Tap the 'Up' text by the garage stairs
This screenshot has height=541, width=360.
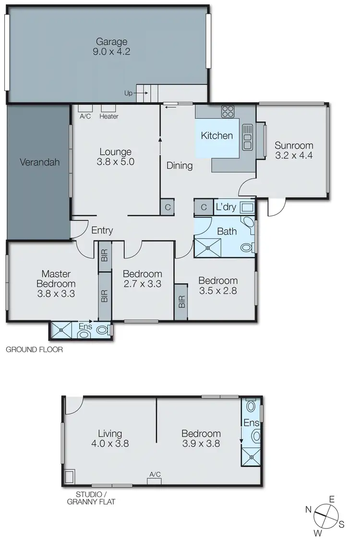pos(128,94)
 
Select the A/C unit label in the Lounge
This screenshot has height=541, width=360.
pos(85,116)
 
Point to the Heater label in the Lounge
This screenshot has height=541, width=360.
pos(109,116)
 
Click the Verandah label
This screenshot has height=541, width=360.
pos(39,162)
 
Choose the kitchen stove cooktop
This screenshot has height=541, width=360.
pos(228,112)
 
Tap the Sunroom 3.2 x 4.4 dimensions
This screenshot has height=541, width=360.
pos(294,155)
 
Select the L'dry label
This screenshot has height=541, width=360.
pos(225,208)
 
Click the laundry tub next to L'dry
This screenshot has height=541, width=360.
pos(247,208)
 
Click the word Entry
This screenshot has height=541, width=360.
pos(102,231)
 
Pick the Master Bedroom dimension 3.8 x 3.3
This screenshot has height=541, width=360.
pos(56,294)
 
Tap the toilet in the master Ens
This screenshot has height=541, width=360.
pos(101,329)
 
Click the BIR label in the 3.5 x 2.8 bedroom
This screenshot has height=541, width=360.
pos(181,302)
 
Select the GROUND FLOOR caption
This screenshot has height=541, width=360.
pos(34,350)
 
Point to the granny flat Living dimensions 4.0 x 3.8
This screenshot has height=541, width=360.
pos(110,444)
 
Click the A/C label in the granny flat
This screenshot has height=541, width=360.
pos(155,474)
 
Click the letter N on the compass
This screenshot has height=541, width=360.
pos(308,509)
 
